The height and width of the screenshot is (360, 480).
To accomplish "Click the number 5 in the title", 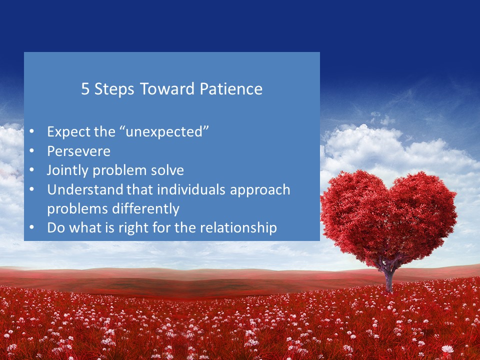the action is coord(85,89).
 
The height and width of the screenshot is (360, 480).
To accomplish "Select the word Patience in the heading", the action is coord(231,89).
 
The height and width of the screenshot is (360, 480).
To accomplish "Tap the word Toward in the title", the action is coord(167,89).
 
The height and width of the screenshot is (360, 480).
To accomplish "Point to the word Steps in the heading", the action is coord(114,89).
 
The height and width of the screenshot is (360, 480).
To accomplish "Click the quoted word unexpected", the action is coord(164,132).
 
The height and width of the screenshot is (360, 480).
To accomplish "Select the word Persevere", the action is coord(78,151).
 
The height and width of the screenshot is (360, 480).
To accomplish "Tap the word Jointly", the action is coord(67,170).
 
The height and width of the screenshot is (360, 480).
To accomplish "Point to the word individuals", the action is coord(191,189).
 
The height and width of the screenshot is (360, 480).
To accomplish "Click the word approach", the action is coord(260,190).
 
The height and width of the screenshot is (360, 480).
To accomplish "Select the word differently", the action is coord(145,209).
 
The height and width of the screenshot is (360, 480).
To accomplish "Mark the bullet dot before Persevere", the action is coord(32,150).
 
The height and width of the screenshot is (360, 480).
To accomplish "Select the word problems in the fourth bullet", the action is coord(77,209).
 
